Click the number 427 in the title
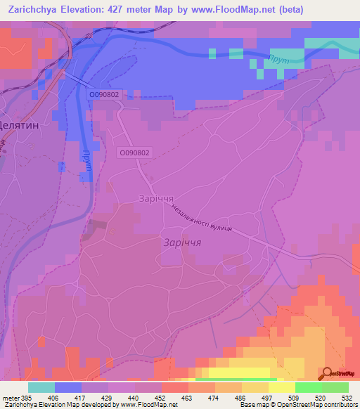[x=134, y=9]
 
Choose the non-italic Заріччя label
[x=157, y=198]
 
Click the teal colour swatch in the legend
[x=41, y=387]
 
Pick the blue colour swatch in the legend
[x=68, y=387]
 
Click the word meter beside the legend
[x=11, y=398]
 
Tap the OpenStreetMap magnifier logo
[x=326, y=372]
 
